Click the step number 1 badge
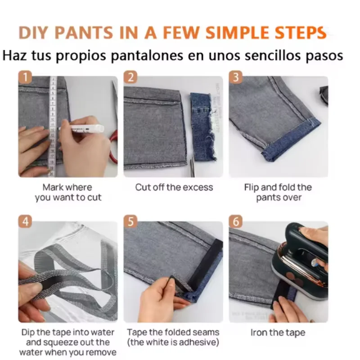25,77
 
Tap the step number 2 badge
130,77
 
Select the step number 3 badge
235,77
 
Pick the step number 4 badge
25,221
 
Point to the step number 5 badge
130,221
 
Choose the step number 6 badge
235,221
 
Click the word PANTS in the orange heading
84,32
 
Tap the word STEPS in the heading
300,32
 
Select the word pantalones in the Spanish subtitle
147,56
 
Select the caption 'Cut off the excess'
174,187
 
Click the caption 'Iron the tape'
278,333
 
